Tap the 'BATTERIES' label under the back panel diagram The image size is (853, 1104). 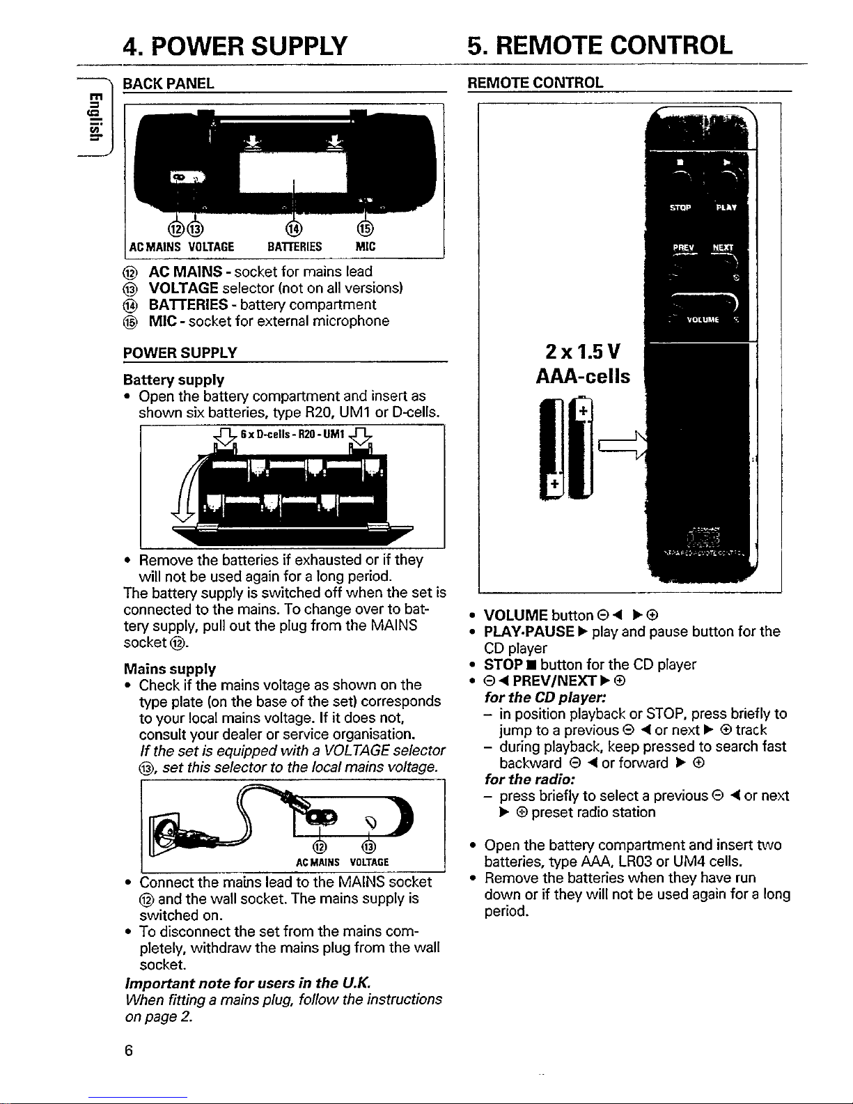click(x=295, y=246)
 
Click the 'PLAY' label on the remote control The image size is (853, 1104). click(x=729, y=207)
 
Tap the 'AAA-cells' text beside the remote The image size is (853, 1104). click(x=583, y=377)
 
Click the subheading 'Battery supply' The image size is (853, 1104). click(x=173, y=380)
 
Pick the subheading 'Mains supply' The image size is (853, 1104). click(x=169, y=669)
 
